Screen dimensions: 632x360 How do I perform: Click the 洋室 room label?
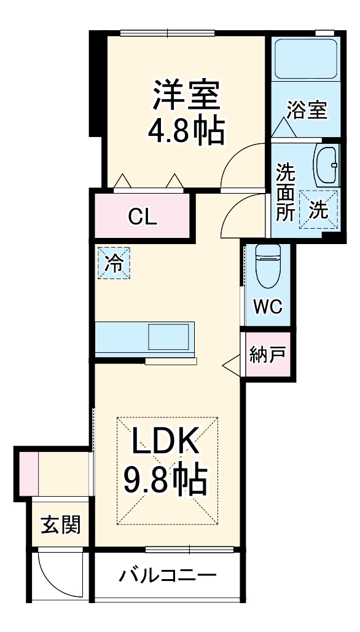(x=186, y=97)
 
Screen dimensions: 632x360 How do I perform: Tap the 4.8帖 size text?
(x=186, y=130)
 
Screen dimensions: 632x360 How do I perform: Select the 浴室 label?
(x=306, y=111)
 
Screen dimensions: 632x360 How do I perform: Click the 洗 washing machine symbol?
(x=318, y=210)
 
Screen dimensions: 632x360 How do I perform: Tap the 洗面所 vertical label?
(x=285, y=192)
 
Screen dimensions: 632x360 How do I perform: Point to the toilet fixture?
(x=268, y=266)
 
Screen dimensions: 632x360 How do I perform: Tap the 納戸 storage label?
(x=267, y=355)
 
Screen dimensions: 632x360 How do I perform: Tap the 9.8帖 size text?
(x=165, y=480)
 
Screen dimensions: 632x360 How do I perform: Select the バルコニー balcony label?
(x=168, y=576)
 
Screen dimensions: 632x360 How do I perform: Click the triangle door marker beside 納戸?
(x=233, y=365)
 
